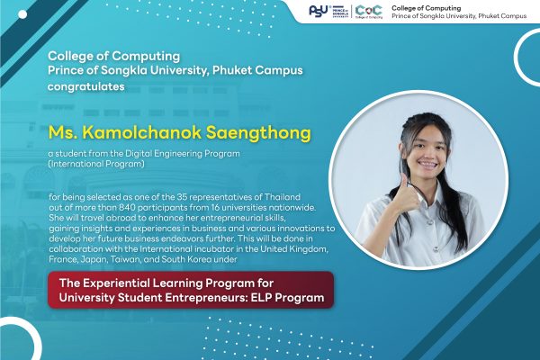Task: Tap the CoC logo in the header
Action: click(x=368, y=12)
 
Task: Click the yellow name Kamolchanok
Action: click(x=141, y=132)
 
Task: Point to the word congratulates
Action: click(x=86, y=86)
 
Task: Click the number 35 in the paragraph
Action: click(x=182, y=197)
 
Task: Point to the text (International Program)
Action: click(x=96, y=164)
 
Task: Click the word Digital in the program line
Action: click(x=138, y=153)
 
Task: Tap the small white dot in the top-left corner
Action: click(x=22, y=14)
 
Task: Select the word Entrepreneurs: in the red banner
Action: click(x=206, y=297)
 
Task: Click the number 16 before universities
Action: click(x=216, y=207)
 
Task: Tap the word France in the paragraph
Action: click(x=63, y=259)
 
